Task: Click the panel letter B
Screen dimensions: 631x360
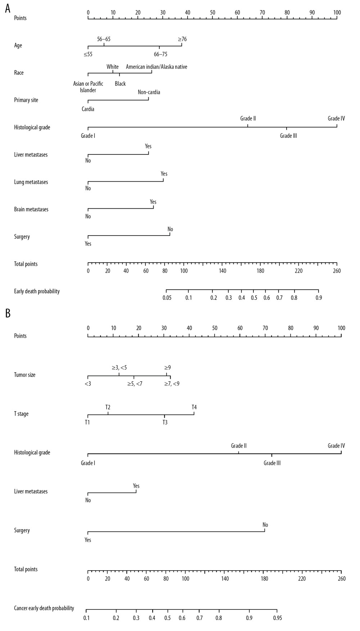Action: pyautogui.click(x=8, y=313)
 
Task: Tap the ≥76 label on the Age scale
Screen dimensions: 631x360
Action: pyautogui.click(x=182, y=39)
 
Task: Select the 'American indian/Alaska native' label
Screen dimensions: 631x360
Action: pyautogui.click(x=157, y=67)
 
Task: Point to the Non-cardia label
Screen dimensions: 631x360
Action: pyautogui.click(x=149, y=92)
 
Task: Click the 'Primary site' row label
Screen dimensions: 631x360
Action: pyautogui.click(x=26, y=100)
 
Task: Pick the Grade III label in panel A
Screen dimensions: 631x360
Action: pyautogui.click(x=288, y=136)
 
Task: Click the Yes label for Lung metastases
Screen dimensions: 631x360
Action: pyautogui.click(x=164, y=174)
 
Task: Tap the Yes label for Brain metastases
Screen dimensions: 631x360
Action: pyautogui.click(x=153, y=202)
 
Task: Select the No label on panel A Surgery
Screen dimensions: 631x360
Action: pyautogui.click(x=170, y=229)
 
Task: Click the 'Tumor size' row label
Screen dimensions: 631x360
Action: pyautogui.click(x=25, y=375)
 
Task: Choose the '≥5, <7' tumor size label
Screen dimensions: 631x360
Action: pyautogui.click(x=135, y=384)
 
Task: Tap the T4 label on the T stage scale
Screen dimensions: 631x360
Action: pyautogui.click(x=194, y=407)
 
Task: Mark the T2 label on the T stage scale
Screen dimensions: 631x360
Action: pyautogui.click(x=108, y=407)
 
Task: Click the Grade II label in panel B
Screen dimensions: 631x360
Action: pyautogui.click(x=239, y=446)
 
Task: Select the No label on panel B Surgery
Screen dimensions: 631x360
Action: pyautogui.click(x=265, y=525)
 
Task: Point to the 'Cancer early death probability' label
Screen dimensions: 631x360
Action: pyautogui.click(x=44, y=608)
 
